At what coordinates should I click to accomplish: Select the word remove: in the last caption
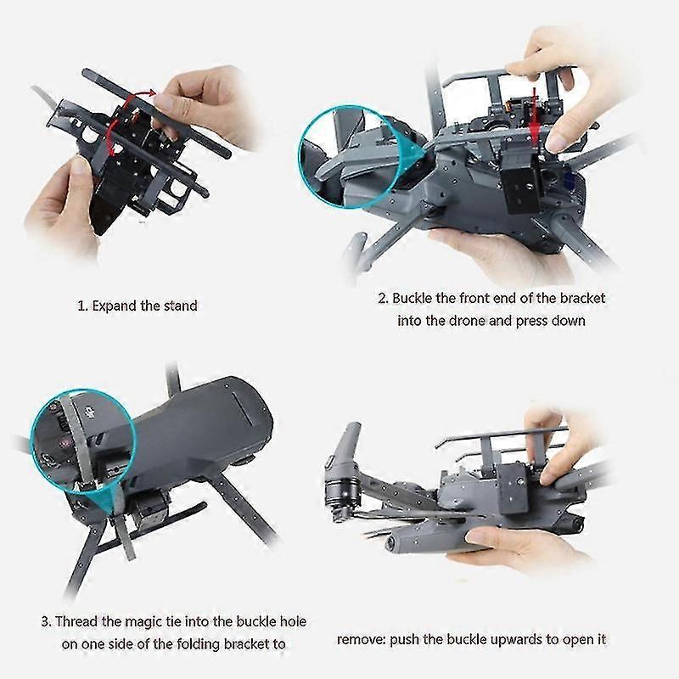[361, 639]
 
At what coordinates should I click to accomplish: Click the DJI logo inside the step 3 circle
[87, 412]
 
